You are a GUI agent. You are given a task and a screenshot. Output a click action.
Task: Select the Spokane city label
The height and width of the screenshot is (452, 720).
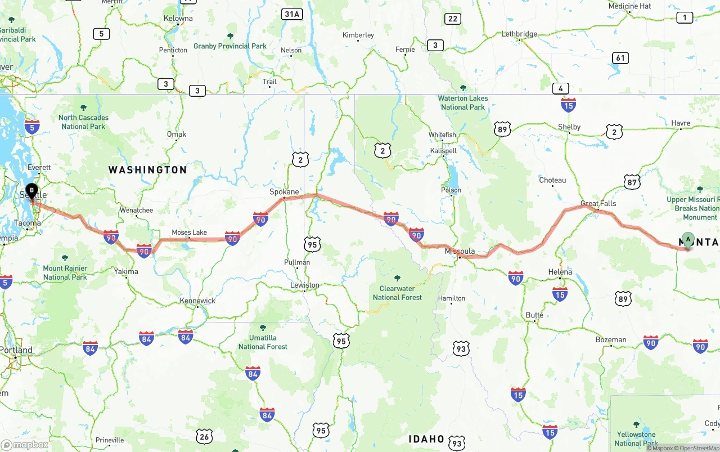point(284,191)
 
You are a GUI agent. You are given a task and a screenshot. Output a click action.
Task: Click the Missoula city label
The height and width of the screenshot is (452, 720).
point(460,251)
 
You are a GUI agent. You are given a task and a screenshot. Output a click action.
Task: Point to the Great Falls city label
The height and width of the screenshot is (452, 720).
point(598,203)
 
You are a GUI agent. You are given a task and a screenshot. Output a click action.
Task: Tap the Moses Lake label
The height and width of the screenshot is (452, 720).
point(189,232)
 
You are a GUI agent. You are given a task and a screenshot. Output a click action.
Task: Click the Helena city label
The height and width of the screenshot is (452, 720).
point(560,272)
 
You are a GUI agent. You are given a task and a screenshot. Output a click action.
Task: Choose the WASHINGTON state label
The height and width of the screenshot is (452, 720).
point(147,169)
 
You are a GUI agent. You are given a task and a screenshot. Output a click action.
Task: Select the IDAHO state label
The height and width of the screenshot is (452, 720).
point(426,438)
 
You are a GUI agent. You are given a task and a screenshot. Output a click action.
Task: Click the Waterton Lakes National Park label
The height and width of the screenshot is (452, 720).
point(463,102)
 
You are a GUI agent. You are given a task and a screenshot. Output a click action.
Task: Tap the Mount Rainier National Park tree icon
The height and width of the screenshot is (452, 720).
point(65,258)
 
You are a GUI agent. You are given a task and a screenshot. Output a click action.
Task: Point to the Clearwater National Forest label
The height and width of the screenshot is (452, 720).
point(397,293)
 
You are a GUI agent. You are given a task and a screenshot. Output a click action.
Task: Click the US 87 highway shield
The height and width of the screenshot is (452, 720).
point(632,182)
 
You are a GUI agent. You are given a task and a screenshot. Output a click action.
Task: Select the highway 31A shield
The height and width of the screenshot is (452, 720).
point(292,14)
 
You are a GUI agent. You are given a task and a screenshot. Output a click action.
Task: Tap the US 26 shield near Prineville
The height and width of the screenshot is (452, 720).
point(204,436)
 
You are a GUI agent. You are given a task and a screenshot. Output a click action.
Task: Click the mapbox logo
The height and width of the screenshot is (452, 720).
point(25,445)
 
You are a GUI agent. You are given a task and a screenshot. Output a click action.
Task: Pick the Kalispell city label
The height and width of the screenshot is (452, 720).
point(443,151)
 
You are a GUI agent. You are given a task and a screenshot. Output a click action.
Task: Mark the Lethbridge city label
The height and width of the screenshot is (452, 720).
point(519,34)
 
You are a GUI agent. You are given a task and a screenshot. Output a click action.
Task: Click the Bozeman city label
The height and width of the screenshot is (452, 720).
point(611,339)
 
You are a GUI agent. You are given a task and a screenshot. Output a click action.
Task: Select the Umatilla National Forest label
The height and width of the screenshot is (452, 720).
point(263,342)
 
